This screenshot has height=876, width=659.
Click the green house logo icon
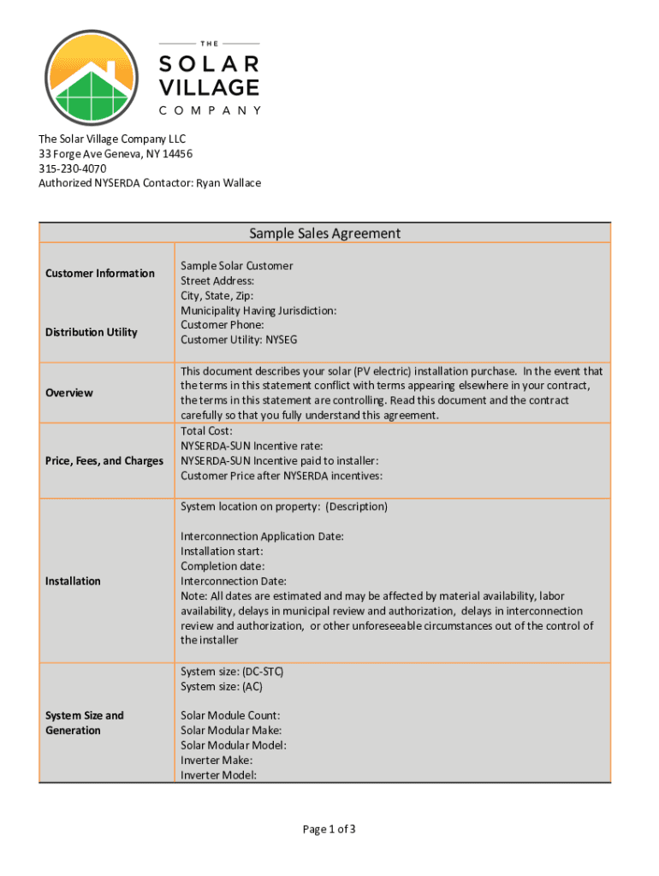click(92, 79)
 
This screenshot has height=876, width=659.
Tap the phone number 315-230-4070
click(73, 169)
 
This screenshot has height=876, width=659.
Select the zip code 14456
click(176, 154)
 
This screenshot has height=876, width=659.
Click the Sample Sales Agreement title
click(324, 234)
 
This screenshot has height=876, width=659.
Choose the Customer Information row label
click(100, 274)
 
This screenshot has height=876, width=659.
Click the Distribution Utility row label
click(92, 332)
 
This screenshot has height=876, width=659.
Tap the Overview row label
click(69, 393)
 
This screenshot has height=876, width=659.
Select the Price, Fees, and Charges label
click(104, 461)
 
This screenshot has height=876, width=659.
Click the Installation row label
click(74, 581)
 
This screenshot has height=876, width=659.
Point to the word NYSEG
click(282, 340)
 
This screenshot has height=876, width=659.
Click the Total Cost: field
click(206, 431)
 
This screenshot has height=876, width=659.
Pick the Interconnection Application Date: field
click(262, 536)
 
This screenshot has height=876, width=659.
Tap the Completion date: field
click(223, 566)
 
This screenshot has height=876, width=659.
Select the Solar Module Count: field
click(230, 715)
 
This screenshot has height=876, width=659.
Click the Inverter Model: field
click(218, 775)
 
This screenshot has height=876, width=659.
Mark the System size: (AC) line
click(222, 686)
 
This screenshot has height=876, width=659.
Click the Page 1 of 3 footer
click(329, 829)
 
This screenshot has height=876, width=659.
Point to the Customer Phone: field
click(223, 325)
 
